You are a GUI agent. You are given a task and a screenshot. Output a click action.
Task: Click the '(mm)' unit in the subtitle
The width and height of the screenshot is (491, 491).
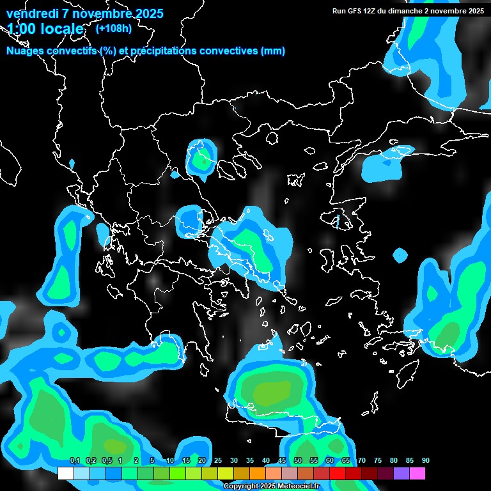[273, 51]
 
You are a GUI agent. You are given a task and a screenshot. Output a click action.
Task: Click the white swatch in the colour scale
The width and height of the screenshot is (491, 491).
[66, 474]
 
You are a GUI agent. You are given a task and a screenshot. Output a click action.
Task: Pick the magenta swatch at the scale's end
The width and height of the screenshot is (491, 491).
[417, 474]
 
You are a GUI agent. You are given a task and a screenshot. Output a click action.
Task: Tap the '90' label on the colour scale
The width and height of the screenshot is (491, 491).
[425, 460]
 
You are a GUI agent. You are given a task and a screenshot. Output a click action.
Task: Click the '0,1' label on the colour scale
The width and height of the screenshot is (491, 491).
[74, 460]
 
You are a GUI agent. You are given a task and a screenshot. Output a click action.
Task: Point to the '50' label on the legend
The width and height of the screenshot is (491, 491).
[298, 460]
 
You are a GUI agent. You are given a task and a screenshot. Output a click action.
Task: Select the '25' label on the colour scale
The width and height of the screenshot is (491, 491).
[218, 460]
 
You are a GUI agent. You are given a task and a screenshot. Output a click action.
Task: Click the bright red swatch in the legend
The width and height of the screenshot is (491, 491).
[338, 474]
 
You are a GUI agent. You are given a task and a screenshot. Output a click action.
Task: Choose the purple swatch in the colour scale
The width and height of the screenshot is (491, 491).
[401, 474]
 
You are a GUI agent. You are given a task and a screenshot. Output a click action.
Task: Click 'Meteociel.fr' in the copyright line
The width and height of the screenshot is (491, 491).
[297, 486]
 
